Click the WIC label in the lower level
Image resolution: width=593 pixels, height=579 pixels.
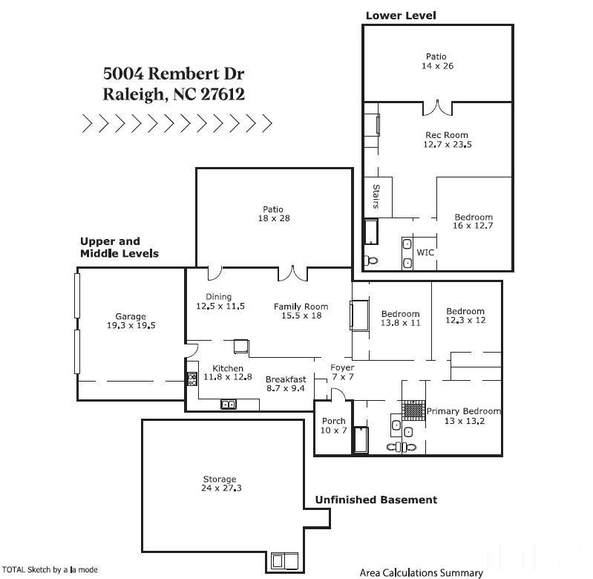[425, 253]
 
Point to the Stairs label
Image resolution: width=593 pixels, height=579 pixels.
[376, 197]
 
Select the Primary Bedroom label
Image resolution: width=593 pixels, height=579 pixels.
[463, 411]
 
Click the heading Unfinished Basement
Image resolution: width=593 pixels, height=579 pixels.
[376, 500]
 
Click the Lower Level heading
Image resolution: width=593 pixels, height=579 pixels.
[401, 15]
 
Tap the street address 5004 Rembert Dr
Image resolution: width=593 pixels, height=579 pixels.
[174, 73]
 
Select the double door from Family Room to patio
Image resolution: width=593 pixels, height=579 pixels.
[292, 274]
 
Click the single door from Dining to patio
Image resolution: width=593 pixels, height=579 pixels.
[214, 273]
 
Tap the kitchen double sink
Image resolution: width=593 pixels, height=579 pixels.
[229, 405]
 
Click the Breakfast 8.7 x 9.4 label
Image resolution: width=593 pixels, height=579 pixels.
[285, 383]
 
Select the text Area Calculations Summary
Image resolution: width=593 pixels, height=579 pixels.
[421, 572]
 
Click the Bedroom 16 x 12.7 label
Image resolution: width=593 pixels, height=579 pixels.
[474, 221]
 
